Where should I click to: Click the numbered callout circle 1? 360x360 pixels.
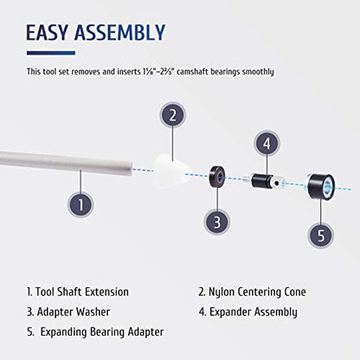point(80,204)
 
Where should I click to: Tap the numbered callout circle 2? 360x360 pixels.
point(172,115)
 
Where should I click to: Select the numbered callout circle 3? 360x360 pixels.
point(217,222)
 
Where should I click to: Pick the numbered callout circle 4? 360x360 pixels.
point(267,144)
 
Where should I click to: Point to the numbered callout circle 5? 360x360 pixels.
point(321,235)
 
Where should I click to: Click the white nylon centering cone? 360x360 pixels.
point(171,170)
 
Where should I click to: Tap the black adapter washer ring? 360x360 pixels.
point(216,177)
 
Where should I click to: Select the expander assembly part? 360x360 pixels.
point(263,181)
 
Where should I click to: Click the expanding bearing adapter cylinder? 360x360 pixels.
point(320,187)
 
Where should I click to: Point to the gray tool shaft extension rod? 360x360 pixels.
point(66,163)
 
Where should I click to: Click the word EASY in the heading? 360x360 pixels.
point(48,32)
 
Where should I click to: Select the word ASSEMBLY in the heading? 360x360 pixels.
point(119,32)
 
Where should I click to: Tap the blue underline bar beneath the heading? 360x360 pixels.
point(51,53)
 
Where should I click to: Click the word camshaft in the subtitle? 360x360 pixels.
point(193,72)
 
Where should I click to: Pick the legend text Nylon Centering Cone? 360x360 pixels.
point(257,292)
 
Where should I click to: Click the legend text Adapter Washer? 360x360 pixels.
point(74,312)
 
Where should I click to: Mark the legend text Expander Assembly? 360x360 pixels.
point(253,312)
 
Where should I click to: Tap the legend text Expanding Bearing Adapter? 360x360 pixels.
point(102,332)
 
